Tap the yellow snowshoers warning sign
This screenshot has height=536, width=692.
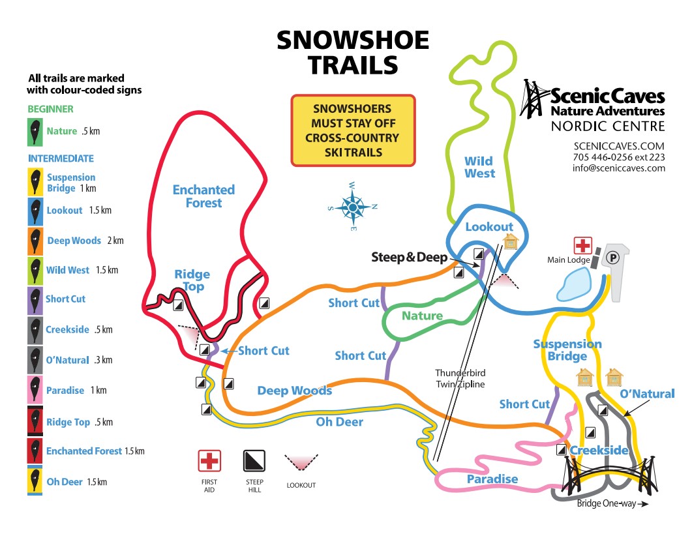point(353,130)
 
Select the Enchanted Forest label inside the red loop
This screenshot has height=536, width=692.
point(203,196)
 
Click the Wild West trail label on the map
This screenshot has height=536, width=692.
point(479,168)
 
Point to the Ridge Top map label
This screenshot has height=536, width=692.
point(192,280)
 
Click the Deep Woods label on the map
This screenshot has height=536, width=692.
point(294,391)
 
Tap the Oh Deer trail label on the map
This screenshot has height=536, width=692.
point(339,422)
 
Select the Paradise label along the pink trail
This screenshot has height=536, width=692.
point(492,479)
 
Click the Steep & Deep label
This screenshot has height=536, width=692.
point(410,257)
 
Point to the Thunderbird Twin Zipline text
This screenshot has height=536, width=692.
point(461,379)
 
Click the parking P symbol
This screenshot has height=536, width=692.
point(612,258)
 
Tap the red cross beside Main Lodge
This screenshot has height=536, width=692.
point(582,246)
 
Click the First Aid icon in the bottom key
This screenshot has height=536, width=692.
point(209,461)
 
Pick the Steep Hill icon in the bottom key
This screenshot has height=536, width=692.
point(254,461)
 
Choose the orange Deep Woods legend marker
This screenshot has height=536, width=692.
point(36,241)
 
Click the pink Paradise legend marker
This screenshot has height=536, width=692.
point(36,390)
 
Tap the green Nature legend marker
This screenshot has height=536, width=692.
point(36,131)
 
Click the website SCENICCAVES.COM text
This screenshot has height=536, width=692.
point(618,145)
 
